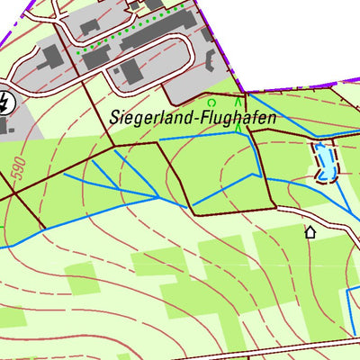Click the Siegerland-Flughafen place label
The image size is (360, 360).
point(192,117)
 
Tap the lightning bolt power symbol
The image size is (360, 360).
point(4,103)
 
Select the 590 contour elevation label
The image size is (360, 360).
point(16,166)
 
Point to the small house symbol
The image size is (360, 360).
point(310,232)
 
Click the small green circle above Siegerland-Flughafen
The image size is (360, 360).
point(213,103)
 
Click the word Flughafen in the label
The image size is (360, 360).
point(233,117)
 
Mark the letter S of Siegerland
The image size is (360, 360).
point(113,116)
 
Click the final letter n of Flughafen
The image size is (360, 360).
point(272,117)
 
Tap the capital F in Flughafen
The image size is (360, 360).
point(195,116)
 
